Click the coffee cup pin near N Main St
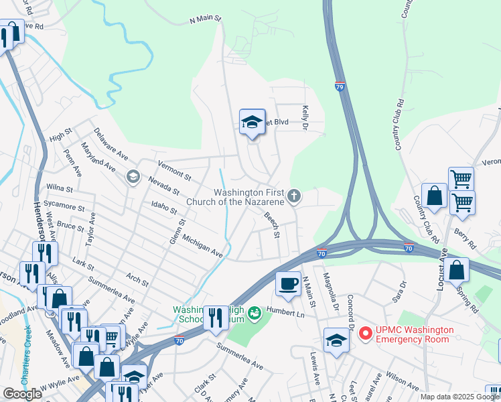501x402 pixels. (288, 283)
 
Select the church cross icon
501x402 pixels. (293, 196)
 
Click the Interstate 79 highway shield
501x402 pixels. (341, 86)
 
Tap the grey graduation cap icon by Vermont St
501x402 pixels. (133, 177)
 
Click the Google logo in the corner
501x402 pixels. (22, 394)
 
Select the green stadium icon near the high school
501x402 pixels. (255, 312)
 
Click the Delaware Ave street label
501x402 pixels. (111, 144)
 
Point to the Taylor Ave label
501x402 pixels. (88, 227)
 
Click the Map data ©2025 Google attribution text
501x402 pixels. (459, 397)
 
